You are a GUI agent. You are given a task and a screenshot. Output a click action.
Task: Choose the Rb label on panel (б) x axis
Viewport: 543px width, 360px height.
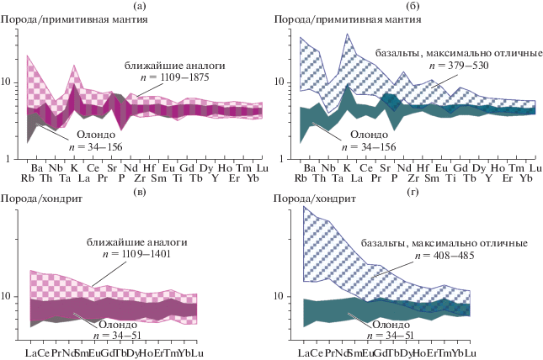pyautogui.click(x=301, y=178)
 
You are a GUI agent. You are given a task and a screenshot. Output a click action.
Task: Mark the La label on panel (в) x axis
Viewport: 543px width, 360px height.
pyautogui.click(x=33, y=352)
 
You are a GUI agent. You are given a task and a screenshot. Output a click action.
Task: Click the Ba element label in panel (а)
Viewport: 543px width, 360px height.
pyautogui.click(x=37, y=168)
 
